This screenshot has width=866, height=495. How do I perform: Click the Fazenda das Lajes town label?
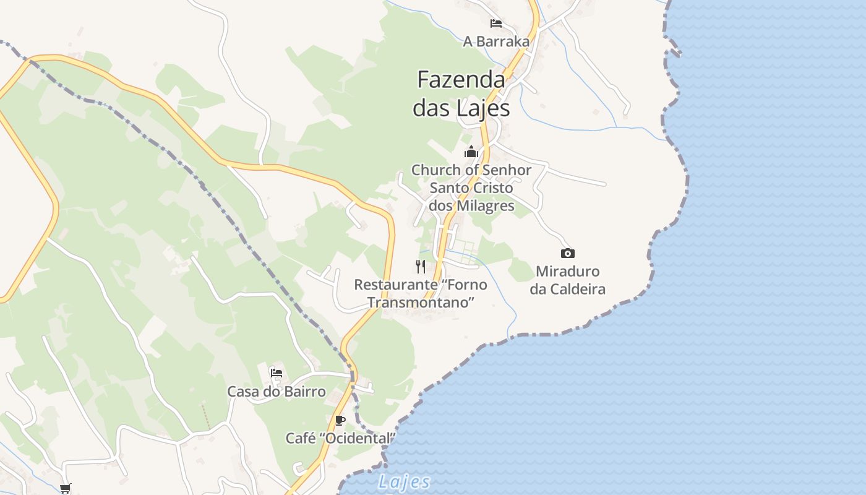pyautogui.click(x=461, y=93)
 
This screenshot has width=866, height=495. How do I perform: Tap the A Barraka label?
pyautogui.click(x=496, y=41)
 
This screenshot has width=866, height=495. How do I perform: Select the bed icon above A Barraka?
pyautogui.click(x=495, y=24)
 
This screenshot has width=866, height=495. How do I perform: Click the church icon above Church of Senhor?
pyautogui.click(x=471, y=152)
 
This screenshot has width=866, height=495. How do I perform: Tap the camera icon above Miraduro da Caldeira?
pyautogui.click(x=567, y=253)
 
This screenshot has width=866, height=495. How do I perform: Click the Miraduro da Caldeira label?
pyautogui.click(x=567, y=280)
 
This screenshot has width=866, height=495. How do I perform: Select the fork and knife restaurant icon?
pyautogui.click(x=421, y=267)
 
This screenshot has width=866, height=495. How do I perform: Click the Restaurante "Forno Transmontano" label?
pyautogui.click(x=421, y=293)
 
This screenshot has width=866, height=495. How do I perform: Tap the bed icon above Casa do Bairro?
pyautogui.click(x=277, y=372)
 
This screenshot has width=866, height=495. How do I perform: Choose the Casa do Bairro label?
pyautogui.click(x=277, y=392)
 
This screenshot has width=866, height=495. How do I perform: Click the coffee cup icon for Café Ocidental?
pyautogui.click(x=340, y=421)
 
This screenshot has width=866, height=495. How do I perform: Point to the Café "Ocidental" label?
pyautogui.click(x=340, y=438)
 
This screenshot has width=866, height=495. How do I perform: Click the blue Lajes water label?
pyautogui.click(x=404, y=482)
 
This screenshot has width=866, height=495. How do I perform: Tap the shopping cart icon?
pyautogui.click(x=66, y=488)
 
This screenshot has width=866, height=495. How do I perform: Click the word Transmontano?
pyautogui.click(x=421, y=303)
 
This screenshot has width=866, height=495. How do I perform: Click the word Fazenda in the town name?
pyautogui.click(x=461, y=80)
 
